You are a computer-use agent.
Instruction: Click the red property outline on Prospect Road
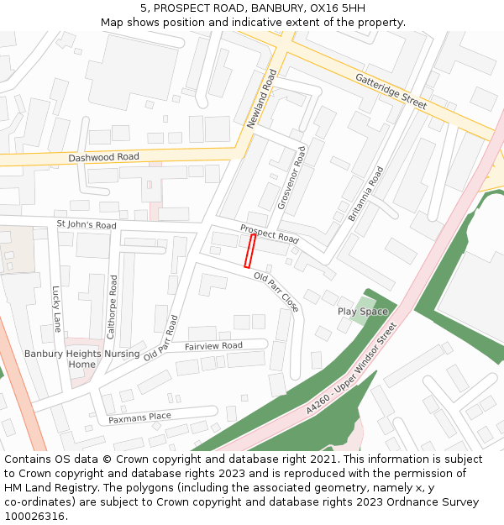[249, 251]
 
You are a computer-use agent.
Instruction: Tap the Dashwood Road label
[104, 157]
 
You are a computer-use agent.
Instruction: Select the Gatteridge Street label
[391, 90]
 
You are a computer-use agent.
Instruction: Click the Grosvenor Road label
[292, 176]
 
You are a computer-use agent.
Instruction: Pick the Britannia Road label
[365, 194]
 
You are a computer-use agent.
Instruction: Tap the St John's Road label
[87, 225]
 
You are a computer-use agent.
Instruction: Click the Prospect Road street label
[270, 234]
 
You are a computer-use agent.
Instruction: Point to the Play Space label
[363, 312]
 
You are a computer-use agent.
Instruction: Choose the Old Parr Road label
[161, 339]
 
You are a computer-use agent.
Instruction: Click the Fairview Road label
[213, 346]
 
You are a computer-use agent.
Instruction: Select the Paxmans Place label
[139, 417]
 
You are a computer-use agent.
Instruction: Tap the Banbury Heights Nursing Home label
[81, 360]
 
